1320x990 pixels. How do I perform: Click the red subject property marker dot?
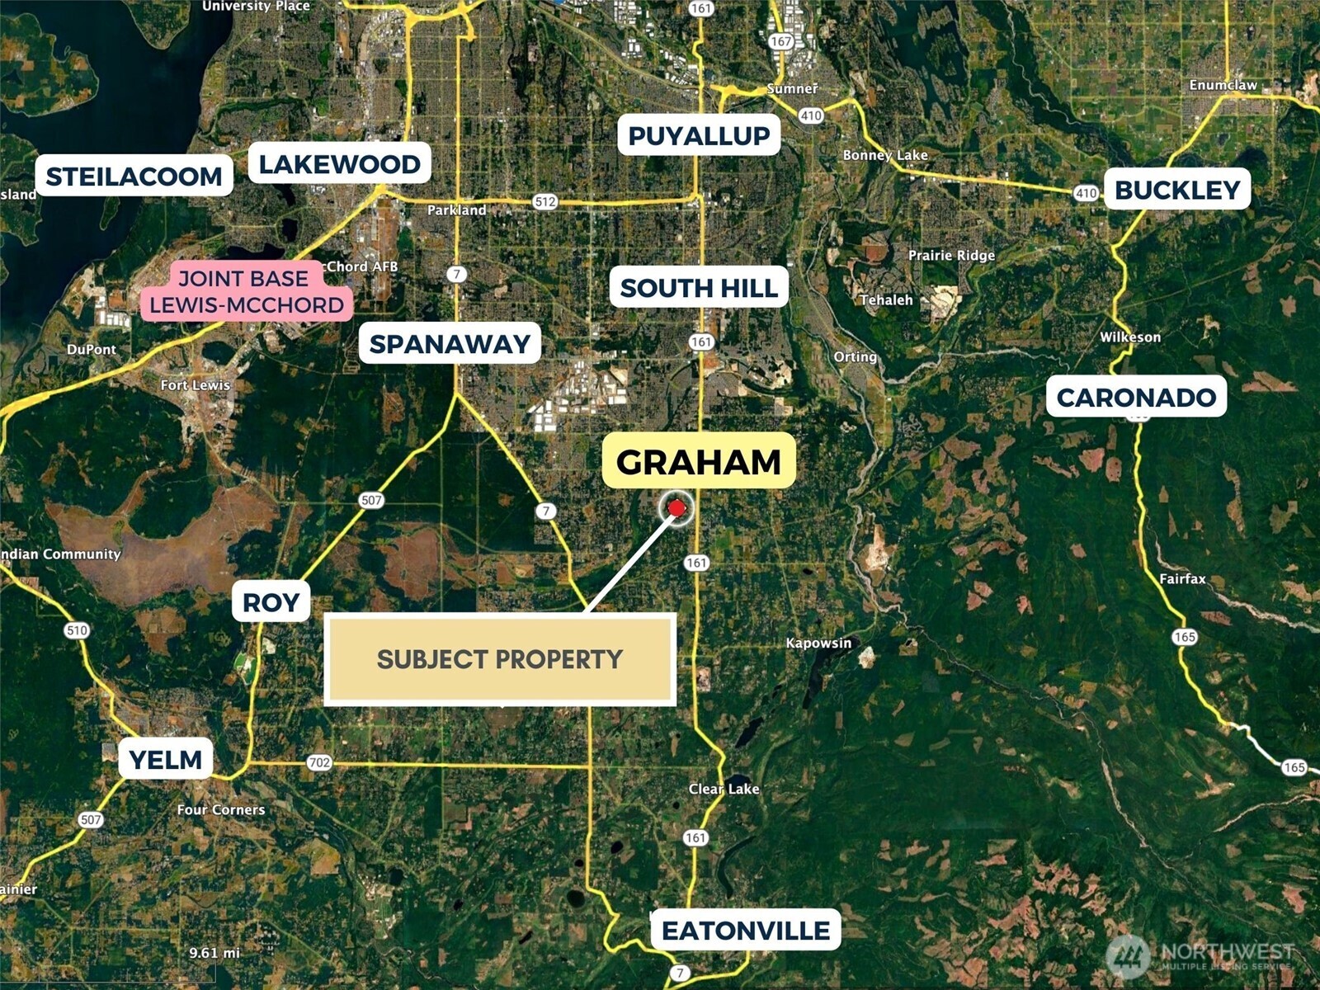tap(676, 508)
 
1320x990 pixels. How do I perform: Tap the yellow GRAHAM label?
tap(699, 461)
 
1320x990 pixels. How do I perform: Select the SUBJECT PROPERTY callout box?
tap(500, 659)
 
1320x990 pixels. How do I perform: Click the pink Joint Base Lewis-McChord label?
tap(246, 291)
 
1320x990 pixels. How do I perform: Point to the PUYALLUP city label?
tap(699, 135)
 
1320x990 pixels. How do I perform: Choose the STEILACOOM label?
tap(134, 176)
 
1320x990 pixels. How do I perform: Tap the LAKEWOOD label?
tap(339, 163)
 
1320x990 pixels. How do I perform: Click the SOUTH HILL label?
tap(699, 287)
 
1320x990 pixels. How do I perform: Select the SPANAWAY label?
tap(450, 343)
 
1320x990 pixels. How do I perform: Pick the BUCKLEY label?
tap(1177, 190)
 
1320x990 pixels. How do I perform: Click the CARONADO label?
tap(1136, 397)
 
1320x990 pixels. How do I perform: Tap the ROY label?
tap(271, 602)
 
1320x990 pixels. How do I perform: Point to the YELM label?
tap(166, 759)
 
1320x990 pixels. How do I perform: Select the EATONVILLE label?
tap(746, 930)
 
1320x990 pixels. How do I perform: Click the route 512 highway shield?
tap(544, 201)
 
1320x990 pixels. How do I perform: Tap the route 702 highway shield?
tap(319, 762)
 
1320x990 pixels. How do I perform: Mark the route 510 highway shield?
tap(76, 630)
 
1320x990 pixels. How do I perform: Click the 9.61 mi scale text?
tap(214, 953)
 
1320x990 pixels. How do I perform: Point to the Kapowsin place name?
tap(818, 643)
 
